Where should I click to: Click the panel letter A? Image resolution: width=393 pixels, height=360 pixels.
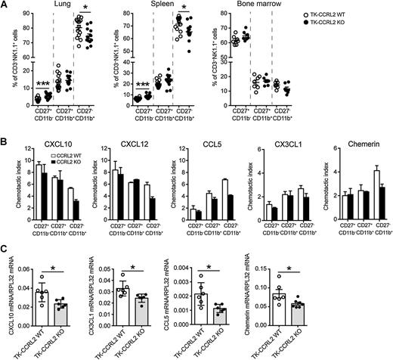(x=5, y=5)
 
